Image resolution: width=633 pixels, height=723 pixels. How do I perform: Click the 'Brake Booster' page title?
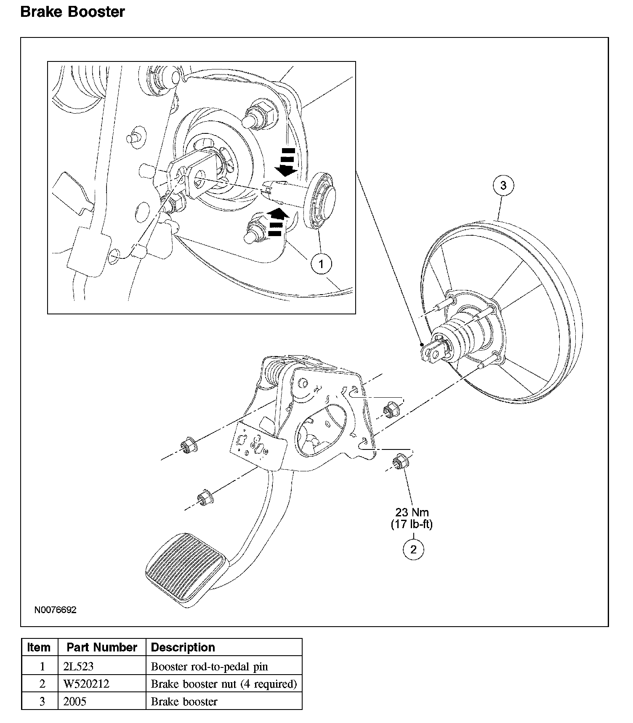(72, 12)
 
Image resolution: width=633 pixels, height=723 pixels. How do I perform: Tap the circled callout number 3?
(503, 185)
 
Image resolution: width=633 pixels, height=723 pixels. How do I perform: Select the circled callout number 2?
(413, 549)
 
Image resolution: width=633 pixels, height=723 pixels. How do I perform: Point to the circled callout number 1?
(322, 264)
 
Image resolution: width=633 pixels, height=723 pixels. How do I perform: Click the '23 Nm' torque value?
(412, 512)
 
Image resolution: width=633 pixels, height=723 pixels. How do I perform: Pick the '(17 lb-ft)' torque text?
(412, 524)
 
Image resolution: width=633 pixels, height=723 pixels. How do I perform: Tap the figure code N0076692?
(56, 610)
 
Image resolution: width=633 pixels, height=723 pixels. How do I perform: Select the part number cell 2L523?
(78, 667)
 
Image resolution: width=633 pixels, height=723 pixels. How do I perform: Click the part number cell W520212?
(86, 684)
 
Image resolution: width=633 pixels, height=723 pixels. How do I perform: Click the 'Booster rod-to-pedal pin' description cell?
(209, 667)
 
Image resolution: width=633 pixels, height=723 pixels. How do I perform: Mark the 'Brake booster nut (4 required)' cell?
(224, 684)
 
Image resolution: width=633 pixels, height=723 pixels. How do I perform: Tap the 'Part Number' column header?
(102, 647)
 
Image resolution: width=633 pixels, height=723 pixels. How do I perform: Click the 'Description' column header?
(183, 647)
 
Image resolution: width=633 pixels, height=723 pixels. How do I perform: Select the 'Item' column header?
(39, 647)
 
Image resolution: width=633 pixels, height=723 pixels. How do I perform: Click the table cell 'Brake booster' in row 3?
(184, 702)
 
